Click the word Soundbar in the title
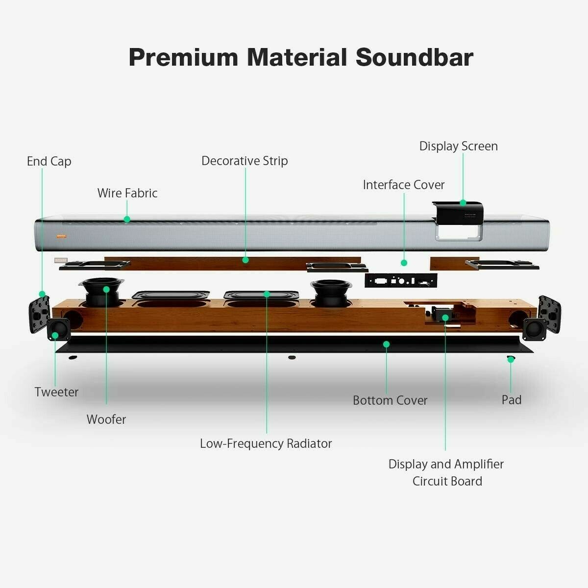coord(415,57)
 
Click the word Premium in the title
coord(183,57)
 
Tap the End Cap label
coord(49,161)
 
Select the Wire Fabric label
coord(127,193)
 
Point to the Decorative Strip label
coord(245,161)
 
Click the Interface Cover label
coord(404,185)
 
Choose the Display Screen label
coord(459,146)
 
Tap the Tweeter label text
coord(56,392)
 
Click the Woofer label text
coord(106,419)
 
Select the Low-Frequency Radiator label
coord(266,443)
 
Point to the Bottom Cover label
coord(390,400)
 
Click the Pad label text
coord(512,400)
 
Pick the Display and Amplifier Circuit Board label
coord(446,472)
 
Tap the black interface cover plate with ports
coord(401,280)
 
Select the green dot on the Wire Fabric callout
coord(127,219)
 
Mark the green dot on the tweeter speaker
coord(55,336)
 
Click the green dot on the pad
coord(511,359)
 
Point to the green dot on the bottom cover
coord(386,344)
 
